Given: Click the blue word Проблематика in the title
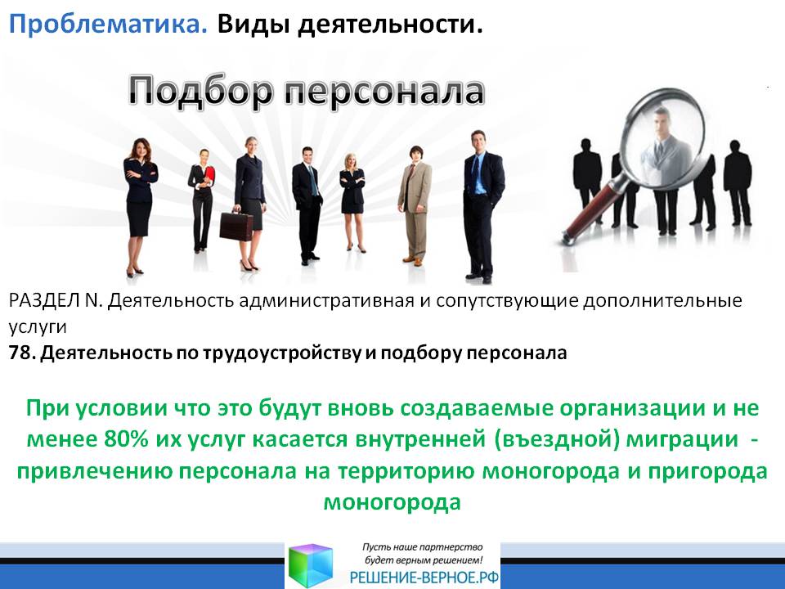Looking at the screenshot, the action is [108, 24].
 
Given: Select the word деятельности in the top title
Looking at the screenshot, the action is [390, 25].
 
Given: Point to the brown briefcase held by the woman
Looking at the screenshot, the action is [236, 226].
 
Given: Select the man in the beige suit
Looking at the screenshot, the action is [415, 205].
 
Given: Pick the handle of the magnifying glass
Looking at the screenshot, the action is [596, 209].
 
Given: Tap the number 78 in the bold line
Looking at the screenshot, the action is [20, 353].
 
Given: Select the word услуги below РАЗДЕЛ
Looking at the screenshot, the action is [38, 327].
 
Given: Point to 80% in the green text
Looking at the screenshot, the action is [127, 438].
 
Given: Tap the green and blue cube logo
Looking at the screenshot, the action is [311, 565].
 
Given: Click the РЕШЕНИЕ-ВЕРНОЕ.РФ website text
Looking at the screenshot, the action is [424, 578].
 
